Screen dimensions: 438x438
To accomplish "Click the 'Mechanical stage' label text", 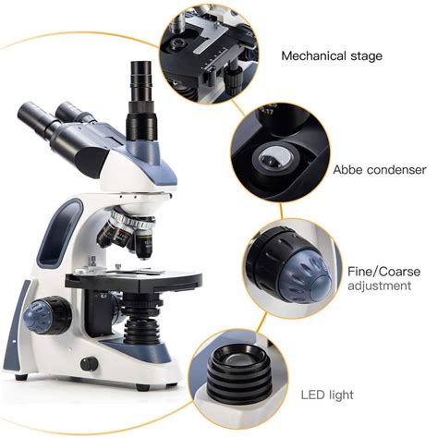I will pos(331,55).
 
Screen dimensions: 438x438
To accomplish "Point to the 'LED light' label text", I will pos(327,395).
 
